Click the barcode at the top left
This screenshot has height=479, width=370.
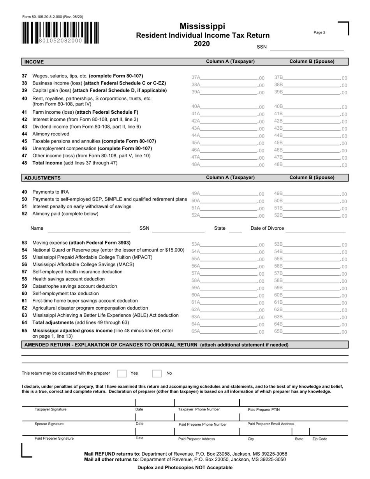[x=60, y=33]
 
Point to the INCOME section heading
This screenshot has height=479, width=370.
[x=34, y=62]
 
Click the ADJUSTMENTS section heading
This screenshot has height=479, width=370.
[x=42, y=178]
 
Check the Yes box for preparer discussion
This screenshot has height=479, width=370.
[x=122, y=373]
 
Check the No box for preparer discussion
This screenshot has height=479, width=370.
[x=157, y=373]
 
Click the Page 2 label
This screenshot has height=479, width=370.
[x=319, y=33]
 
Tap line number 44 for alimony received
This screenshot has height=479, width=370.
[x=25, y=134]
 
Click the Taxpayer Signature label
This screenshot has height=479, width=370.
[x=51, y=409]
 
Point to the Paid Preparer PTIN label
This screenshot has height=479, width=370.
[x=264, y=410]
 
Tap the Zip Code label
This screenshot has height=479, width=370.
[x=319, y=439]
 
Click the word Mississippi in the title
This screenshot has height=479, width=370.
[x=202, y=26]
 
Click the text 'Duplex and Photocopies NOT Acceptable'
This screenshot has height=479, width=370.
[x=185, y=467]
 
